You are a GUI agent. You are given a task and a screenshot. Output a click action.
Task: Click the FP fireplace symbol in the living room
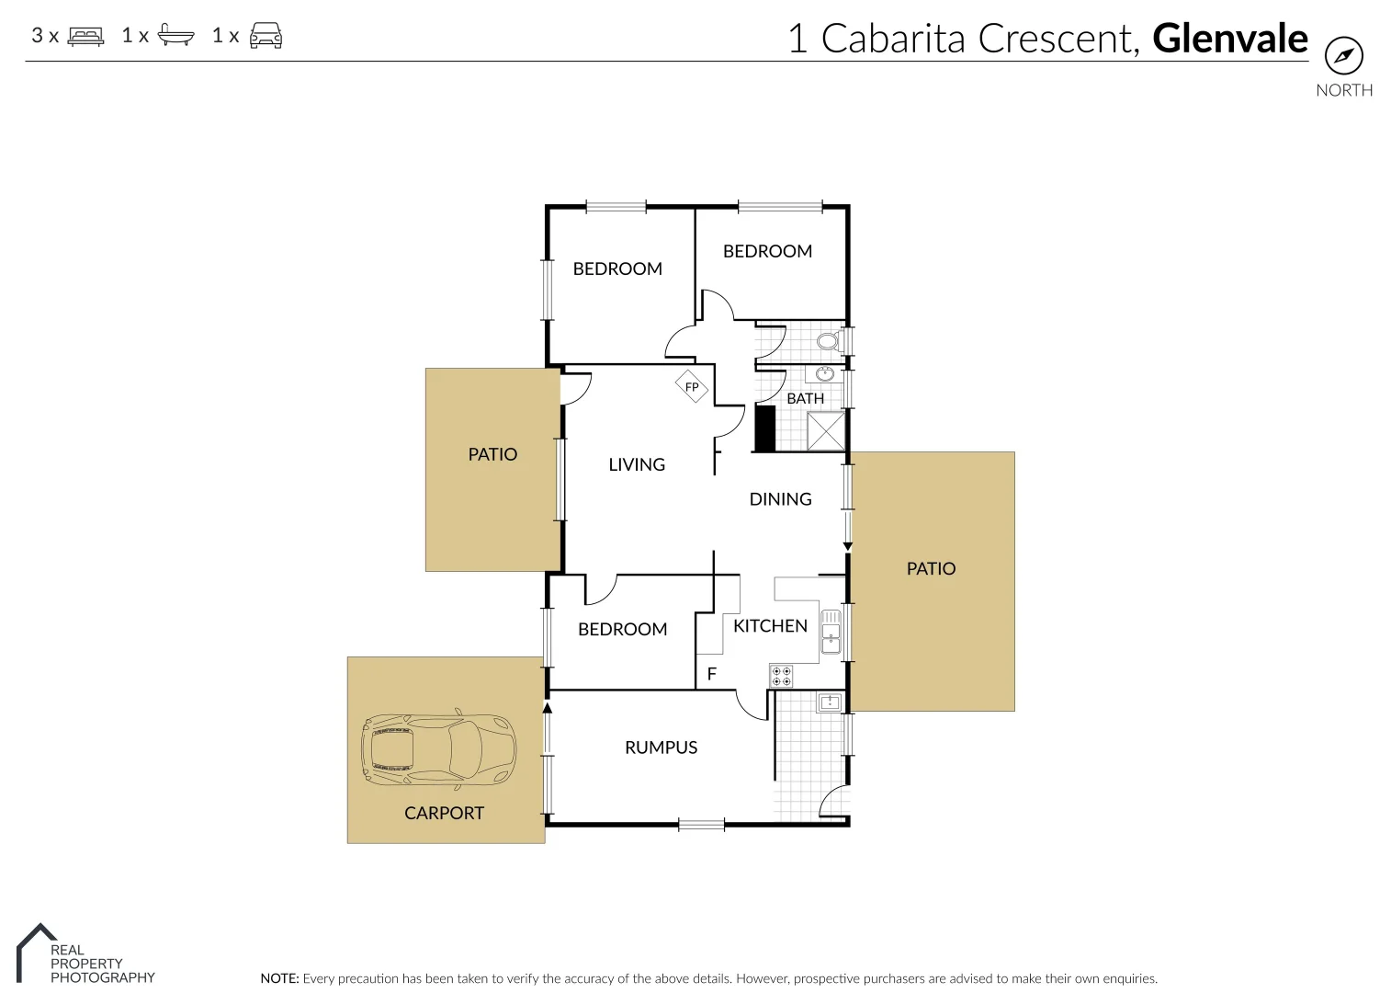692,387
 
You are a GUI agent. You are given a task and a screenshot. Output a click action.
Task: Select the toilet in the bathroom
827,342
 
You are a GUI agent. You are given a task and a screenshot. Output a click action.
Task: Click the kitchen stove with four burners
781,677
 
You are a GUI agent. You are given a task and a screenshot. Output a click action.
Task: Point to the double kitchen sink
830,632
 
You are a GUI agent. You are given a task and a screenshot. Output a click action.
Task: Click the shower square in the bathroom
825,431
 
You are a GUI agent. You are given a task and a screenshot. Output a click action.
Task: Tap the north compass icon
1343,56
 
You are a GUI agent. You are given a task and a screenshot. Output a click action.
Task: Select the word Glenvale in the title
1229,39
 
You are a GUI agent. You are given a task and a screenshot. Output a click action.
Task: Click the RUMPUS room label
661,748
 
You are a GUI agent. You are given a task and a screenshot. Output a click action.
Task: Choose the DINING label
780,499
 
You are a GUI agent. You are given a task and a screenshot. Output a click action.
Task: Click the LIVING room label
637,464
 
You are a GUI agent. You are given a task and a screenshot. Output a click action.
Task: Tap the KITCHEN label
770,626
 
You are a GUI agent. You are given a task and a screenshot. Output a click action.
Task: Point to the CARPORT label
444,813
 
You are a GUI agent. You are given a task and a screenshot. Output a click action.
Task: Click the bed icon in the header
86,37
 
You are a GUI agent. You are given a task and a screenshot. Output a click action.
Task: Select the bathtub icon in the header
175,37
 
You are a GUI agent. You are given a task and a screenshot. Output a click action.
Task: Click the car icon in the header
266,37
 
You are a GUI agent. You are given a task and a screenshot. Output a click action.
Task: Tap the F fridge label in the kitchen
711,674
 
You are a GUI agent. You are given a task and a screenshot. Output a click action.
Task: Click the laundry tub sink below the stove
830,702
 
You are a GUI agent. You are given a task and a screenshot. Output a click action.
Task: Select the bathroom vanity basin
825,373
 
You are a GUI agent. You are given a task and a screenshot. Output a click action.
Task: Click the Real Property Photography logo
85,956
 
